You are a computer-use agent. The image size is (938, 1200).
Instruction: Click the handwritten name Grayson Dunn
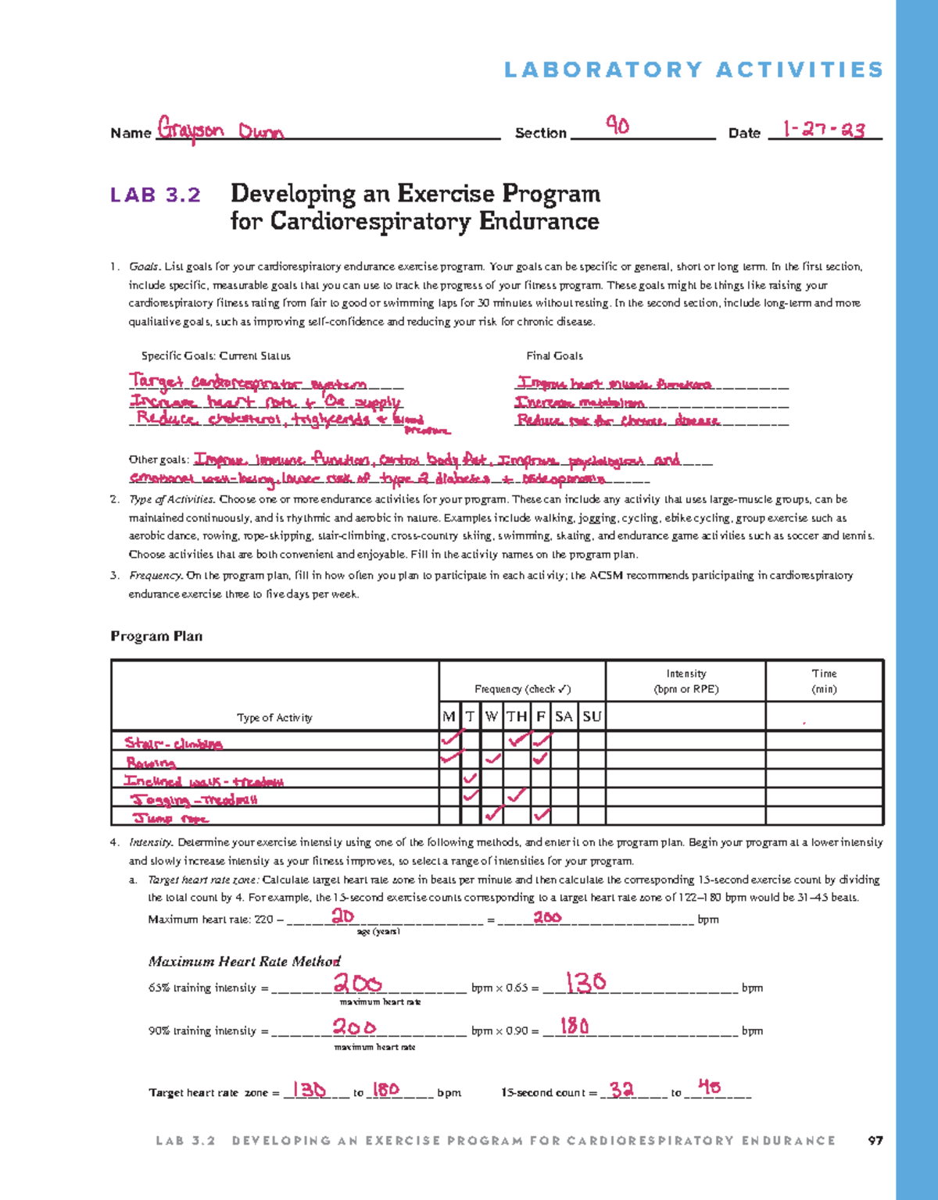tap(220, 129)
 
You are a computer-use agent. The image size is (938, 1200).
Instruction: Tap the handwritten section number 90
tap(618, 125)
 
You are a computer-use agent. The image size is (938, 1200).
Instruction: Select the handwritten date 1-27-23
tap(823, 129)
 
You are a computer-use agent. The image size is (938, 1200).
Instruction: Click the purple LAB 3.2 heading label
tap(156, 195)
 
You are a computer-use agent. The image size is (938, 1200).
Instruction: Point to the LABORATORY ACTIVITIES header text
tap(693, 70)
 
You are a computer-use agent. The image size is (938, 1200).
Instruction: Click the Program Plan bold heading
tap(156, 636)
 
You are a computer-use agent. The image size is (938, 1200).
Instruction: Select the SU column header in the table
tap(592, 716)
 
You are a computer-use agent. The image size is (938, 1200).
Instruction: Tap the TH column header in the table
tap(516, 716)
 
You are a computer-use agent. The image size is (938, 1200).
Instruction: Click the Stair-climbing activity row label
tap(174, 743)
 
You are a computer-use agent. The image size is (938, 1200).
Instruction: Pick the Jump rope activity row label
tap(170, 818)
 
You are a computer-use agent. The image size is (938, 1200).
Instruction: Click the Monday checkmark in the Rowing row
tap(450, 758)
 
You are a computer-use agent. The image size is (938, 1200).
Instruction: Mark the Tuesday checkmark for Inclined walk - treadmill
tap(470, 778)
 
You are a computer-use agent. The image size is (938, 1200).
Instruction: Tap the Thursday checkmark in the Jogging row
tap(515, 796)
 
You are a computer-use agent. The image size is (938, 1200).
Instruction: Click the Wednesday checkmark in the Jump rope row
tap(492, 815)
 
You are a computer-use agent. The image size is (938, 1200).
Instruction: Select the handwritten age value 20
tap(342, 916)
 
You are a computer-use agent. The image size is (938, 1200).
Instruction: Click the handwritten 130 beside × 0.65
tap(585, 982)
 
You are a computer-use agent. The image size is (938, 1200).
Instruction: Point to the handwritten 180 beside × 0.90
tap(575, 1026)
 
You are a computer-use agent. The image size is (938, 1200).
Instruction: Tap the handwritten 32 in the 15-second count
tap(621, 1089)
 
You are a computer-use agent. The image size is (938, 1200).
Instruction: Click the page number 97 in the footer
tap(875, 1141)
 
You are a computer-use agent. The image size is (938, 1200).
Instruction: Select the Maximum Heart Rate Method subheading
tap(244, 961)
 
